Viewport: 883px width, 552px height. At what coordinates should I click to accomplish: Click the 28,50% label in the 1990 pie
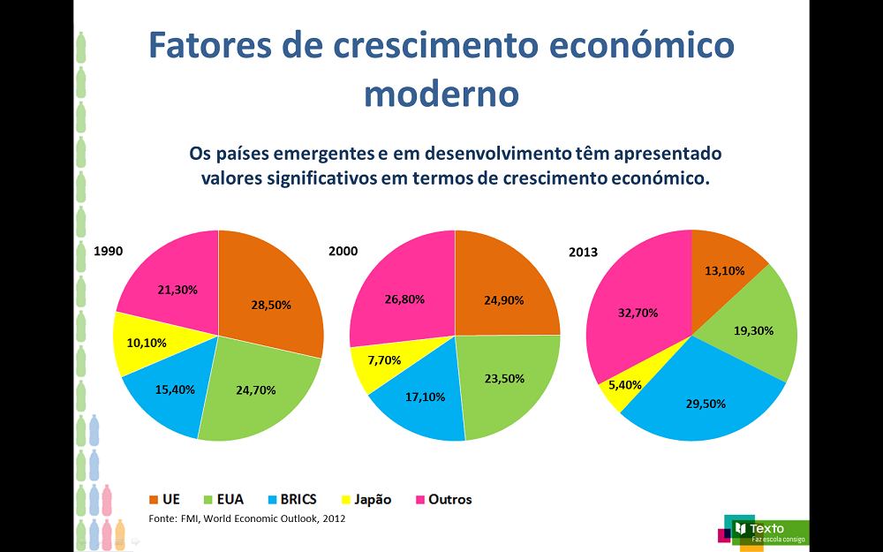click(x=271, y=305)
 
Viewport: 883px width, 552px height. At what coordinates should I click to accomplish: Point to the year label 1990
click(x=108, y=252)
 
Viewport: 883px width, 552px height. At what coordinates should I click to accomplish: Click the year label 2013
click(x=583, y=253)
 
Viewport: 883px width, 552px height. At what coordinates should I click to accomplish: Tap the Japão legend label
click(x=372, y=500)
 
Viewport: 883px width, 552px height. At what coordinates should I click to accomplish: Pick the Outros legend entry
click(x=449, y=500)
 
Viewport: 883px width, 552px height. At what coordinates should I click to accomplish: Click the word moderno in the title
click(x=440, y=92)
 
